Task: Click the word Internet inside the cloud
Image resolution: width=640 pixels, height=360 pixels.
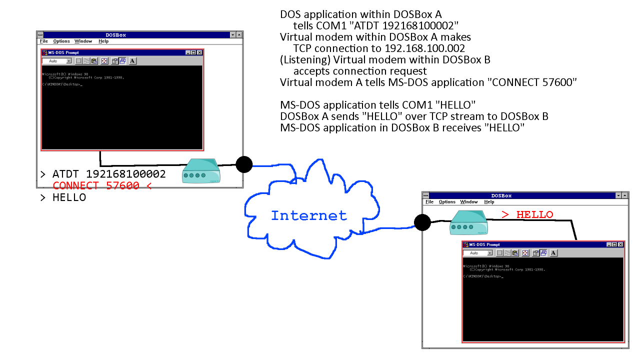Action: (x=308, y=215)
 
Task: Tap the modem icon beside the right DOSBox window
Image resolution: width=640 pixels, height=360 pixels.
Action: (x=469, y=222)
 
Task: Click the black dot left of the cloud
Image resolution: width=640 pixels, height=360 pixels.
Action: (x=244, y=164)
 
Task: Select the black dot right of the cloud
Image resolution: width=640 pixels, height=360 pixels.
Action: (x=422, y=222)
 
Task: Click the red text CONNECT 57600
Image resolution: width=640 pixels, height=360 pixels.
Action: (x=96, y=185)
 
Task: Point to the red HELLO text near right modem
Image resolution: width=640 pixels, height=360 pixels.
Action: (x=527, y=214)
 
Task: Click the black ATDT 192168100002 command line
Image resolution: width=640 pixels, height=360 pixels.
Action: (x=109, y=174)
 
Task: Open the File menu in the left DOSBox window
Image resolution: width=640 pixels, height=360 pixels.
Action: (x=44, y=41)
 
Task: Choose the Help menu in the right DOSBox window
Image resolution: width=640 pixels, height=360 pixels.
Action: (x=489, y=202)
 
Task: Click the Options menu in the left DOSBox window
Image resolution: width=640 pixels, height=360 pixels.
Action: (x=61, y=41)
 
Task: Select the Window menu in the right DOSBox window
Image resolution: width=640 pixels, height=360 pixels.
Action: (x=469, y=202)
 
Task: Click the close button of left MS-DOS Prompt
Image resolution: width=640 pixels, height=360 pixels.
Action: (x=199, y=52)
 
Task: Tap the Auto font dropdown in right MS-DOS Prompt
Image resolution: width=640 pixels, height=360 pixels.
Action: (x=478, y=253)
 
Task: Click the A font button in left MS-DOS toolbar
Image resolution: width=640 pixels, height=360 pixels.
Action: (x=132, y=61)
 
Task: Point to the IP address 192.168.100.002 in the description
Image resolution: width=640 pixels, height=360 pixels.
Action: (x=425, y=48)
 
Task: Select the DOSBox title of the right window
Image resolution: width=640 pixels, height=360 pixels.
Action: (x=501, y=195)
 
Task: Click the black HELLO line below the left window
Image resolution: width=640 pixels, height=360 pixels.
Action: (x=69, y=197)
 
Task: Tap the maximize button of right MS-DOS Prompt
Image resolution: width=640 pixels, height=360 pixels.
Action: (x=614, y=244)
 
